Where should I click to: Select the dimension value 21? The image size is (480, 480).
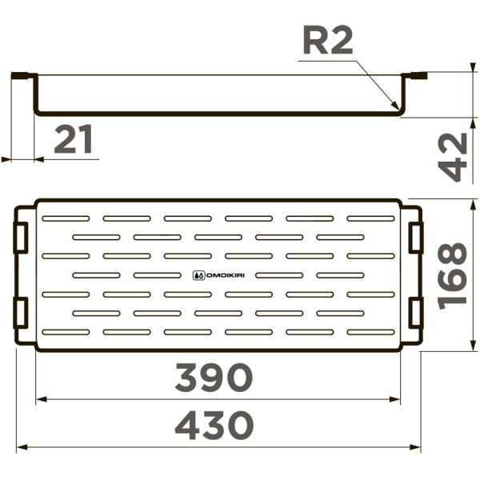tap(74, 141)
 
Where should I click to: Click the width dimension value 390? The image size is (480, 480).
tap(214, 378)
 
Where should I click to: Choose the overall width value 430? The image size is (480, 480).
tap(214, 426)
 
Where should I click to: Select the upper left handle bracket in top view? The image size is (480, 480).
tap(21, 238)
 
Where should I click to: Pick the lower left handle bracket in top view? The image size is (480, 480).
tap(21, 312)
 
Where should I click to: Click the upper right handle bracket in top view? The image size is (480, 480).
tap(415, 238)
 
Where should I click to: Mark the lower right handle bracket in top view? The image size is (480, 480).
tap(415, 312)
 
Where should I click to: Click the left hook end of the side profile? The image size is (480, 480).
tap(24, 77)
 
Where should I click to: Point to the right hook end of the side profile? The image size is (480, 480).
tap(416, 77)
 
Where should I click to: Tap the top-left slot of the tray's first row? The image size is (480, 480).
tap(66, 218)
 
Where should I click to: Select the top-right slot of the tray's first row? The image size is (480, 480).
tap(370, 218)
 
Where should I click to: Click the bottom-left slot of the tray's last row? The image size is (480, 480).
tap(66, 331)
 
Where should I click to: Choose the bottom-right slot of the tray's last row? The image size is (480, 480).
tap(370, 331)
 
